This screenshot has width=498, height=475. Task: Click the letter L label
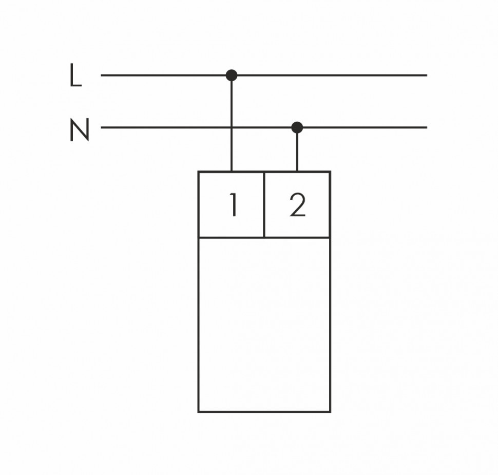[75, 75]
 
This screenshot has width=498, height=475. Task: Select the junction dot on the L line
[232, 75]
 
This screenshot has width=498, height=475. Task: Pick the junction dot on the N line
[297, 127]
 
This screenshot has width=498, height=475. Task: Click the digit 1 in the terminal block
[233, 205]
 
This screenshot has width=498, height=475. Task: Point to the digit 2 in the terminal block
[297, 205]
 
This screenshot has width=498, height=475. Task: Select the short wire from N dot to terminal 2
[297, 150]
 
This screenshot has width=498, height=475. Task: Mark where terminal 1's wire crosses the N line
[232, 127]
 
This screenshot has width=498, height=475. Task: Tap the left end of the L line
[102, 75]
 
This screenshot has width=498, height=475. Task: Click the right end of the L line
[426, 75]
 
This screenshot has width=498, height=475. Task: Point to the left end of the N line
[102, 127]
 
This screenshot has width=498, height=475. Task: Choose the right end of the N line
[426, 127]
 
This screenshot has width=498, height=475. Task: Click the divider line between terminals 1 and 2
[264, 205]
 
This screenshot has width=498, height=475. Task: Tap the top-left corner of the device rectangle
[199, 172]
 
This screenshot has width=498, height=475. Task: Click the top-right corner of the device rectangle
[330, 172]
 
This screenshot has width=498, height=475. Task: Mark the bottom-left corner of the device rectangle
[199, 411]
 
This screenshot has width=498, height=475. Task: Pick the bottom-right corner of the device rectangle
[330, 411]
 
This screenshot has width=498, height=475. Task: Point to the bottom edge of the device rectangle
[264, 411]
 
